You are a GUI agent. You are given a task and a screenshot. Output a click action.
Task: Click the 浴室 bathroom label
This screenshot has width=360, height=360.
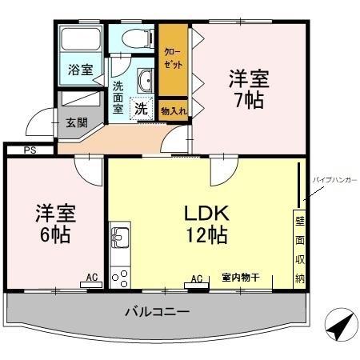[x=81, y=69]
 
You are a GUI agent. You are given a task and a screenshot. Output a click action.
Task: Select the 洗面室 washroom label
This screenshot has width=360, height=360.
[x=118, y=97]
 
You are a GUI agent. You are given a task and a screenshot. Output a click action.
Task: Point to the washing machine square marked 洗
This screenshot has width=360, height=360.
[x=141, y=108]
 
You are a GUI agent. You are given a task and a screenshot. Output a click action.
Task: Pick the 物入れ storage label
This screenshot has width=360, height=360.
[x=174, y=111]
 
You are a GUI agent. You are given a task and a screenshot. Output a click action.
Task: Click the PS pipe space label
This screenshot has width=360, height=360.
[x=29, y=150]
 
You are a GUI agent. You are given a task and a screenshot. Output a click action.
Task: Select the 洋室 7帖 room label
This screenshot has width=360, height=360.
[x=248, y=90]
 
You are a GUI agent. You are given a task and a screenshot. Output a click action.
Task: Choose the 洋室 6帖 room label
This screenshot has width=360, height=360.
[x=54, y=224]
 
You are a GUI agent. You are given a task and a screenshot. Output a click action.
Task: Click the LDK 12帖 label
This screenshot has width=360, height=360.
[x=207, y=224]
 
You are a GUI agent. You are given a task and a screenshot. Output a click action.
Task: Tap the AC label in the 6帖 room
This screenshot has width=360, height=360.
[x=92, y=278]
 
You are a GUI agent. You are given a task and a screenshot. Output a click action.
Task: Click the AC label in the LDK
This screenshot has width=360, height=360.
[x=196, y=278]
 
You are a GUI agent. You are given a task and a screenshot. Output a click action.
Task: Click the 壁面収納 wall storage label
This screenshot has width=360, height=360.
[x=300, y=249]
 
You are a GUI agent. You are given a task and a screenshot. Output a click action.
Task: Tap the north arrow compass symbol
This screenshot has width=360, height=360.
[x=340, y=326]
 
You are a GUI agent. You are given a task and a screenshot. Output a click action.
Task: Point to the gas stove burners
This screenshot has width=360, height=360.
[x=120, y=277]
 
